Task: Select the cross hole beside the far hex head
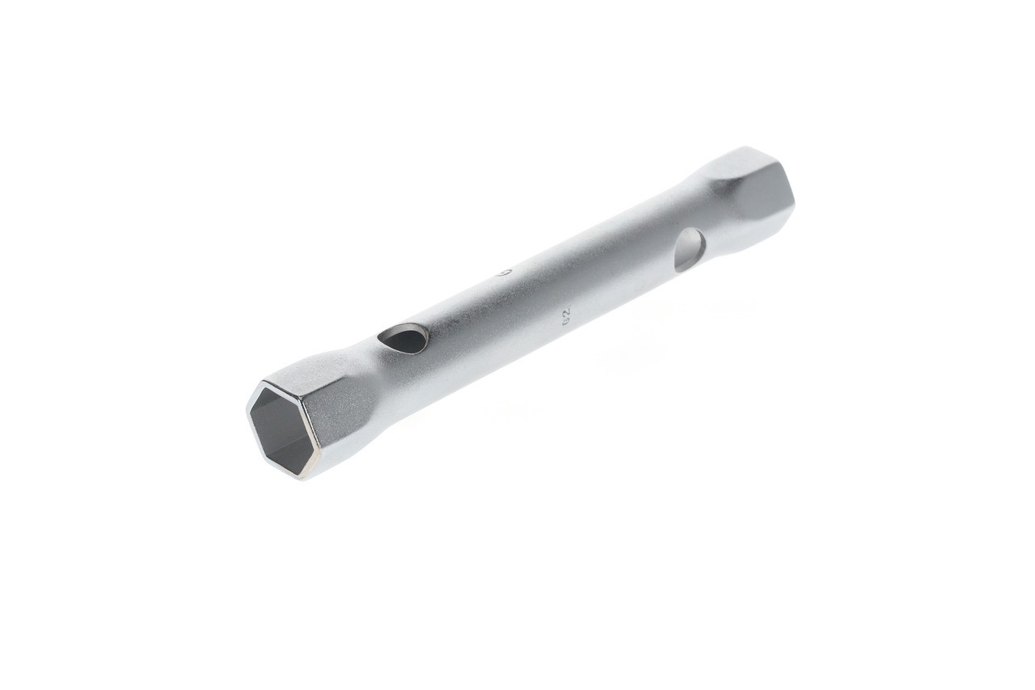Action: [x=689, y=248]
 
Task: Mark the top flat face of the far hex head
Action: [x=732, y=166]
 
